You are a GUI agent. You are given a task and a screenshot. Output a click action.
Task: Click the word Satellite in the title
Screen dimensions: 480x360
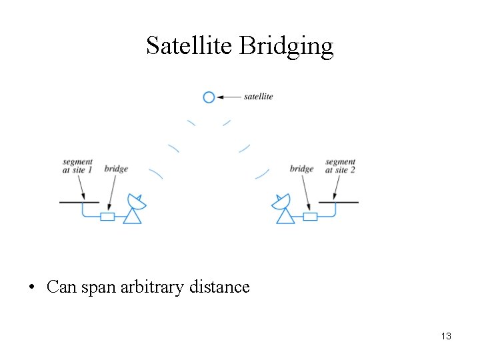pyautogui.click(x=189, y=46)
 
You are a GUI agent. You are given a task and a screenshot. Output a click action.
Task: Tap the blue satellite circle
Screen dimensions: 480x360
pyautogui.click(x=209, y=97)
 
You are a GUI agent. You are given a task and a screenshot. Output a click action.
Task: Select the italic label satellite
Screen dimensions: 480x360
pyautogui.click(x=258, y=97)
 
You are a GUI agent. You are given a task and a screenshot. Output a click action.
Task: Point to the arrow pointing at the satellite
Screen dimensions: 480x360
pyautogui.click(x=229, y=97)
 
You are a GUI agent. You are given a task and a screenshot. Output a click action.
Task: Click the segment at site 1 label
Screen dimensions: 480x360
pyautogui.click(x=77, y=166)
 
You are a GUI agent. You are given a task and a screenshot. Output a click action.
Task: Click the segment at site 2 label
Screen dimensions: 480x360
pyautogui.click(x=340, y=166)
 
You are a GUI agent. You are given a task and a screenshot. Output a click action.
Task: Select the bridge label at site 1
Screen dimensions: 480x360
pyautogui.click(x=116, y=169)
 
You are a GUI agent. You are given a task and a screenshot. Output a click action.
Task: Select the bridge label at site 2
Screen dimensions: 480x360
pyautogui.click(x=301, y=169)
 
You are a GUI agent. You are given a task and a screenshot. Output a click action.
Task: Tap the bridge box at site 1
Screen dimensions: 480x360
pyautogui.click(x=107, y=216)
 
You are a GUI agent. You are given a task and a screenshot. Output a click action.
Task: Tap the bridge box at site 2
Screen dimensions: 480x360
pyautogui.click(x=310, y=216)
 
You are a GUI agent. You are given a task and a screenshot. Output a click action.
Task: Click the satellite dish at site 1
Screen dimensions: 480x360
pyautogui.click(x=135, y=208)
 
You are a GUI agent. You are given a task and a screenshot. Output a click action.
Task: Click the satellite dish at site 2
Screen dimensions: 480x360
pyautogui.click(x=283, y=208)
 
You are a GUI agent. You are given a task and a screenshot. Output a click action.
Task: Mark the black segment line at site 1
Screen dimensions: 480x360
pyautogui.click(x=79, y=201)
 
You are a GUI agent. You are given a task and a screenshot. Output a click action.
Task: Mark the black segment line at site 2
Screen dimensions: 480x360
pyautogui.click(x=338, y=201)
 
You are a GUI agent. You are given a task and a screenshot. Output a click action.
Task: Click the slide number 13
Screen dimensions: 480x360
pyautogui.click(x=446, y=336)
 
